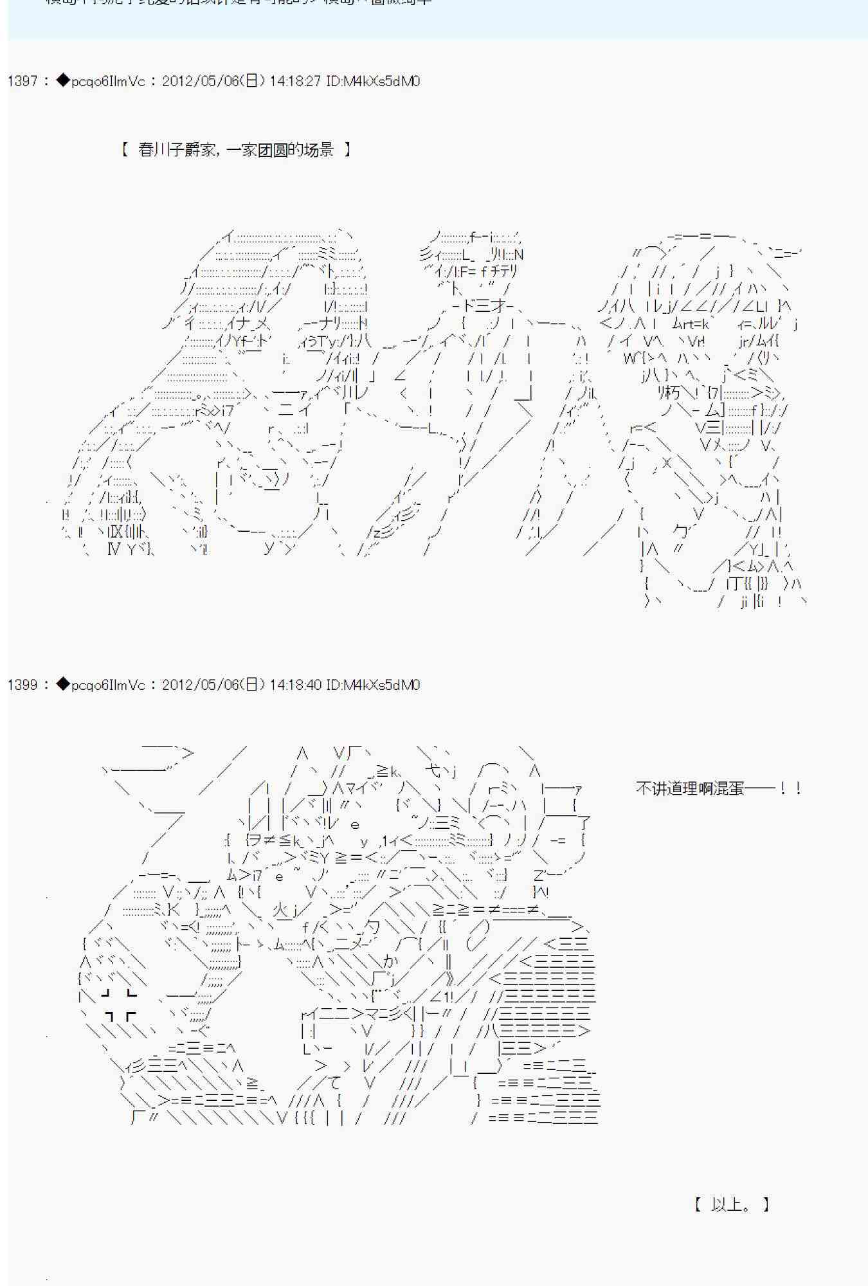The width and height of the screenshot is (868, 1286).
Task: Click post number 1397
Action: [x=23, y=81]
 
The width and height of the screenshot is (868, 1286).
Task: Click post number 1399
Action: [x=23, y=685]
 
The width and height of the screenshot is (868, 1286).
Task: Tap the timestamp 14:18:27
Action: [x=294, y=81]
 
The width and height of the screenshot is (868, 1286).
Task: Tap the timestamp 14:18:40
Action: [x=294, y=685]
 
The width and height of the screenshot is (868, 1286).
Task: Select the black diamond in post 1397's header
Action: [x=62, y=80]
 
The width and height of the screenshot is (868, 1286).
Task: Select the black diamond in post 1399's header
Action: [x=62, y=684]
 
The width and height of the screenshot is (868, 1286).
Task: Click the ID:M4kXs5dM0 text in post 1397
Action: [x=373, y=81]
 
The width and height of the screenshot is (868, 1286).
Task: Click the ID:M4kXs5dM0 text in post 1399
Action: [x=373, y=685]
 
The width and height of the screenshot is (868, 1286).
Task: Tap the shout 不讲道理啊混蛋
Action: [x=689, y=788]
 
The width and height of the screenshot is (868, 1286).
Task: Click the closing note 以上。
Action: [x=732, y=1204]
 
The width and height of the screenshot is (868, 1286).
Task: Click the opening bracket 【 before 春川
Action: [x=125, y=150]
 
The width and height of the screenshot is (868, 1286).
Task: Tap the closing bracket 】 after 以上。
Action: [x=765, y=1204]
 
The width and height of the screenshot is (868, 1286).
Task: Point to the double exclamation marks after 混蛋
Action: [x=791, y=788]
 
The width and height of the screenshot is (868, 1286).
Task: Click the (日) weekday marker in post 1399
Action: [x=254, y=685]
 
